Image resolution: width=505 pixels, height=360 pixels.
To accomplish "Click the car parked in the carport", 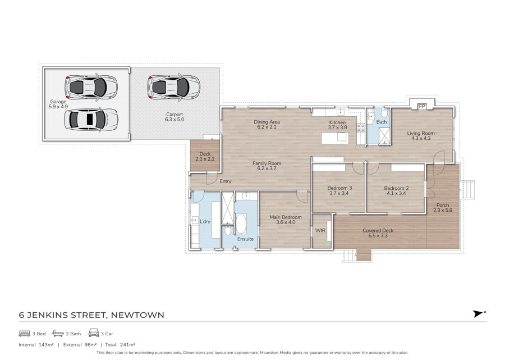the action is (x=173, y=86).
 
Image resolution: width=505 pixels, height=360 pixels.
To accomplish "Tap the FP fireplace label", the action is (x=421, y=106).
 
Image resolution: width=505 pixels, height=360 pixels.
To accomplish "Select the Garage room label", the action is (x=58, y=102).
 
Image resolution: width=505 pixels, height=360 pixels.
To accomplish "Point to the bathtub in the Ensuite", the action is (x=241, y=224).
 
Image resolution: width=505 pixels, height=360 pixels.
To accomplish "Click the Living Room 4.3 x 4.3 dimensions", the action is (x=421, y=138).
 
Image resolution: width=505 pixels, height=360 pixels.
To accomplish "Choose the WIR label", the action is (x=320, y=230).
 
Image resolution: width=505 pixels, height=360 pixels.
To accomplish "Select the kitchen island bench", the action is (x=334, y=138).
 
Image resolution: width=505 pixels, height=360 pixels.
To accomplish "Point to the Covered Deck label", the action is (x=378, y=230).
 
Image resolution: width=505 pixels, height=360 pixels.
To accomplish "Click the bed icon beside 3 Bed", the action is (x=25, y=333).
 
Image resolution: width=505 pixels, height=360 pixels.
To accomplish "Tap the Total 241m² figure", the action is (x=120, y=344).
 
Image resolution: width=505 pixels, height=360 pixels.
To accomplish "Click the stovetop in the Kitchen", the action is (x=361, y=127).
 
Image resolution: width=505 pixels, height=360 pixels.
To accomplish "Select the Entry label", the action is (x=226, y=181).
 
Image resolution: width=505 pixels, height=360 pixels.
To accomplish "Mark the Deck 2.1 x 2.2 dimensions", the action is (x=205, y=159).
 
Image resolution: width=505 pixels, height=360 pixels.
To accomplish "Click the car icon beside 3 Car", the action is (x=94, y=333).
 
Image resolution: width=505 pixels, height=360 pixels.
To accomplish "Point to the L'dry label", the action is (x=205, y=221).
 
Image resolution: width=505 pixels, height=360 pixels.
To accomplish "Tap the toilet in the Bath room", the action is (x=384, y=113).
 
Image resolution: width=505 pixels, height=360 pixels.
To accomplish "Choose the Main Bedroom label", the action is (x=286, y=217).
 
